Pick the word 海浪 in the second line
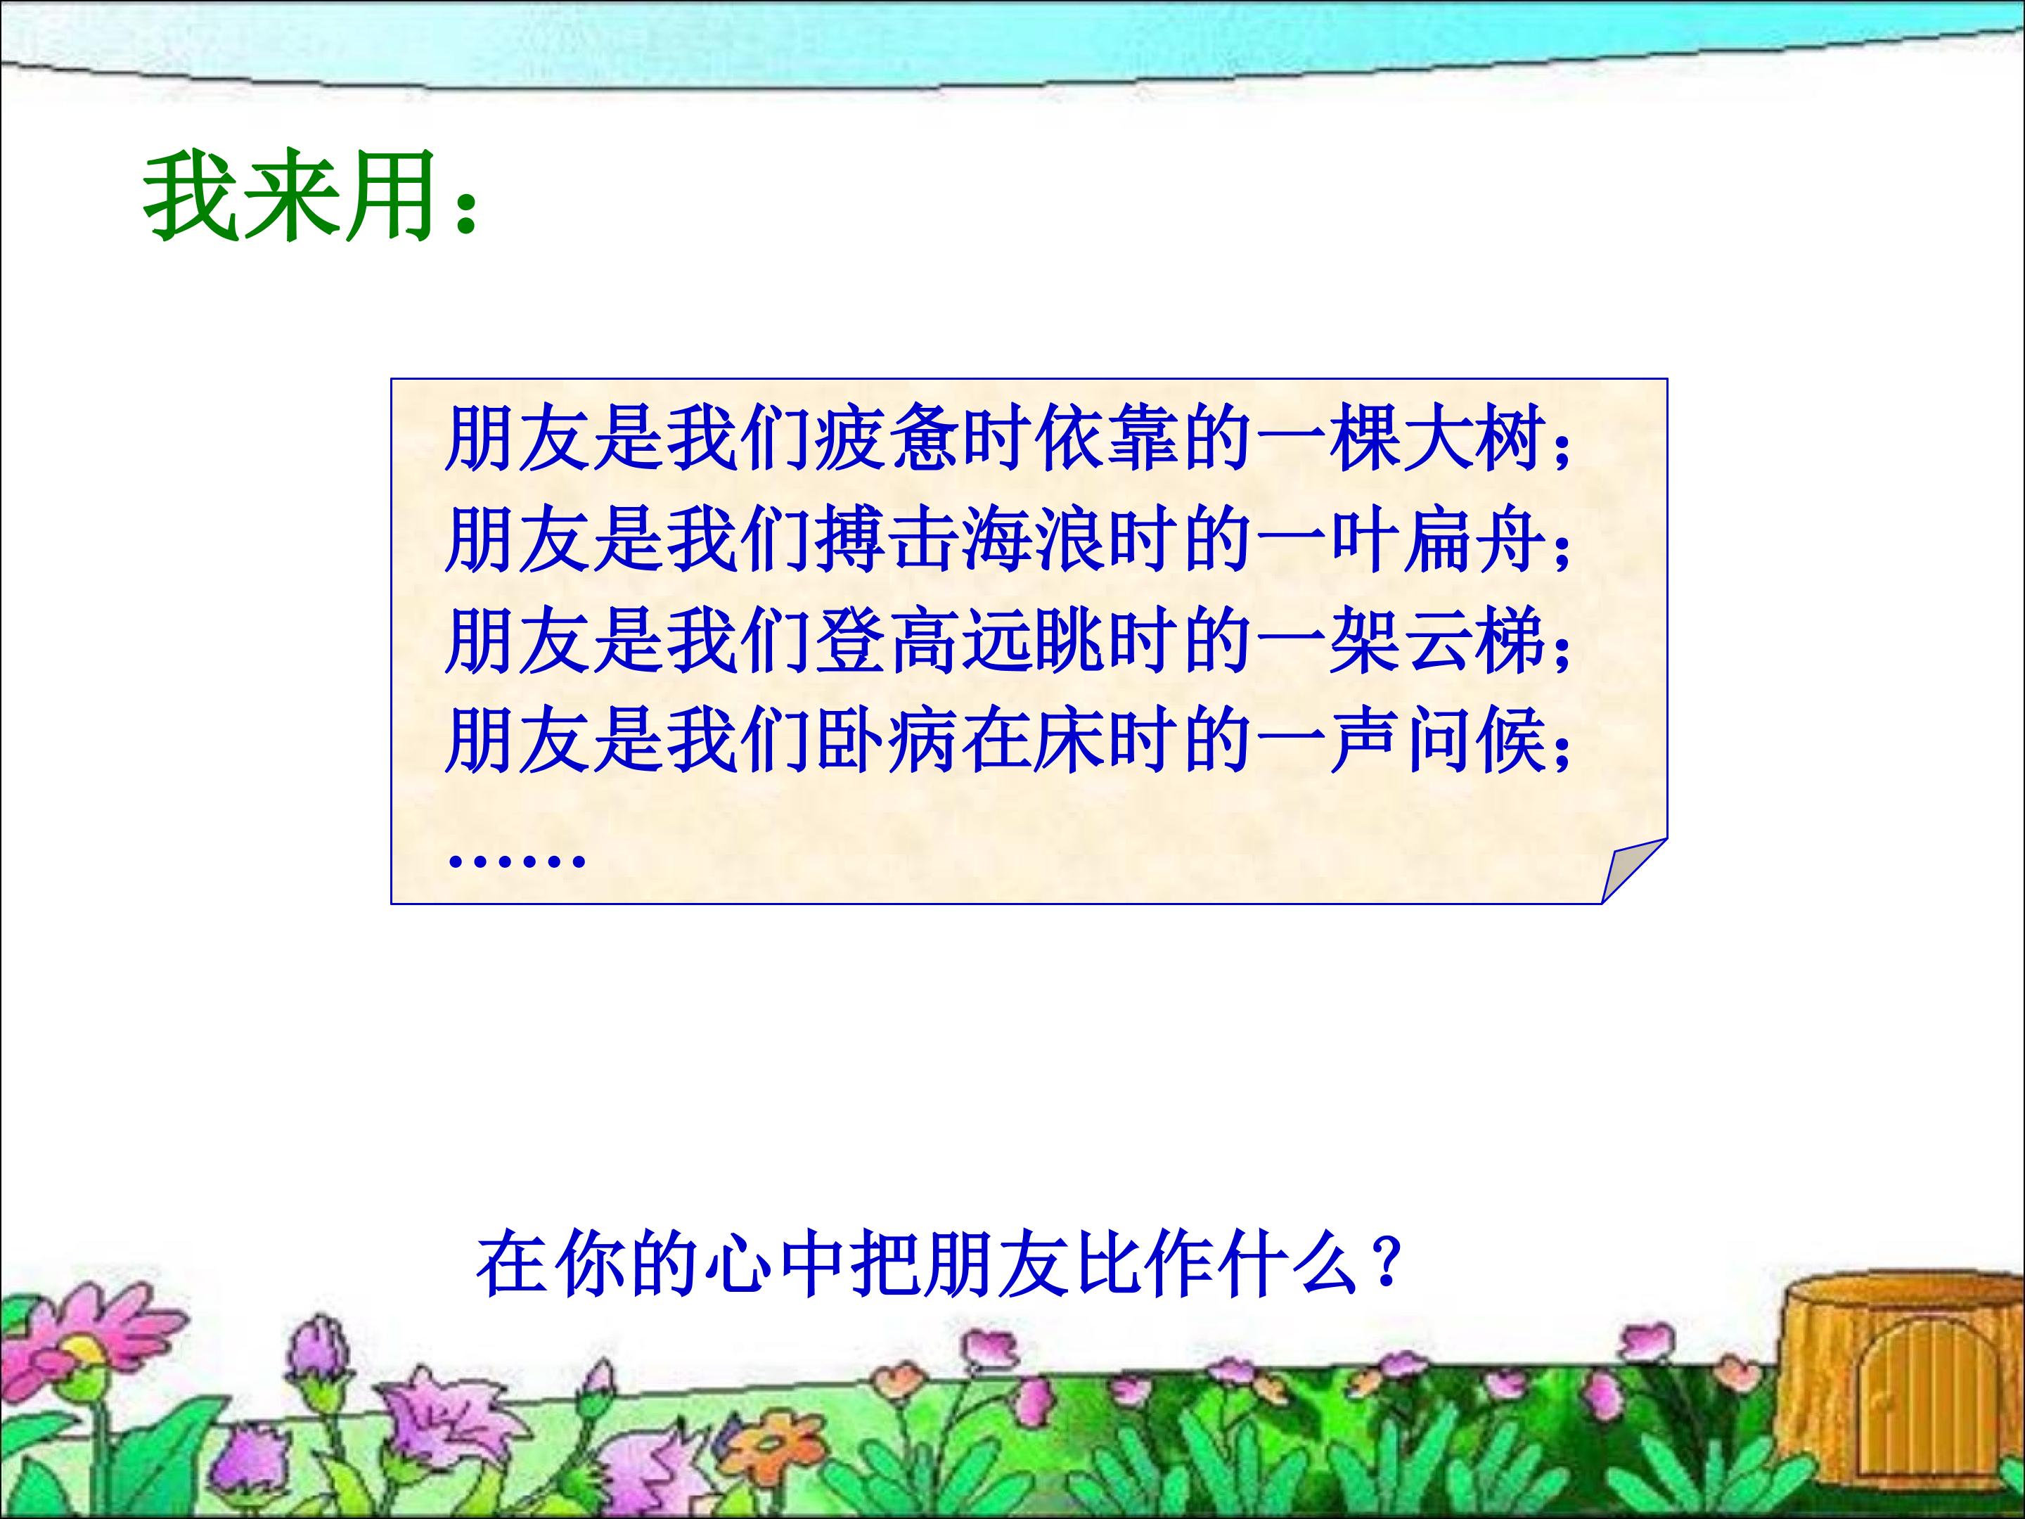pyautogui.click(x=1034, y=540)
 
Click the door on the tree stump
pyautogui.click(x=1904, y=1415)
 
